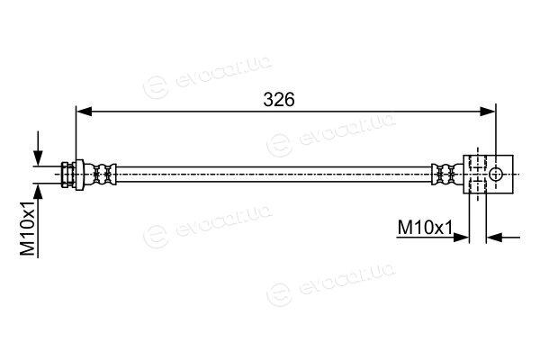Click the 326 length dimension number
279,100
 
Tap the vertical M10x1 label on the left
28,229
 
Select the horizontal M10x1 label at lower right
425,228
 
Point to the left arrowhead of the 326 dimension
84,112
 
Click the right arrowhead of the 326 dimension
488,112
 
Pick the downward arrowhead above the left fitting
38,158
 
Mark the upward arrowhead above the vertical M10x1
38,192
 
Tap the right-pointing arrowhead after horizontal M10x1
461,237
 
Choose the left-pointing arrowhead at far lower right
494,237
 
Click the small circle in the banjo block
496,174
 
